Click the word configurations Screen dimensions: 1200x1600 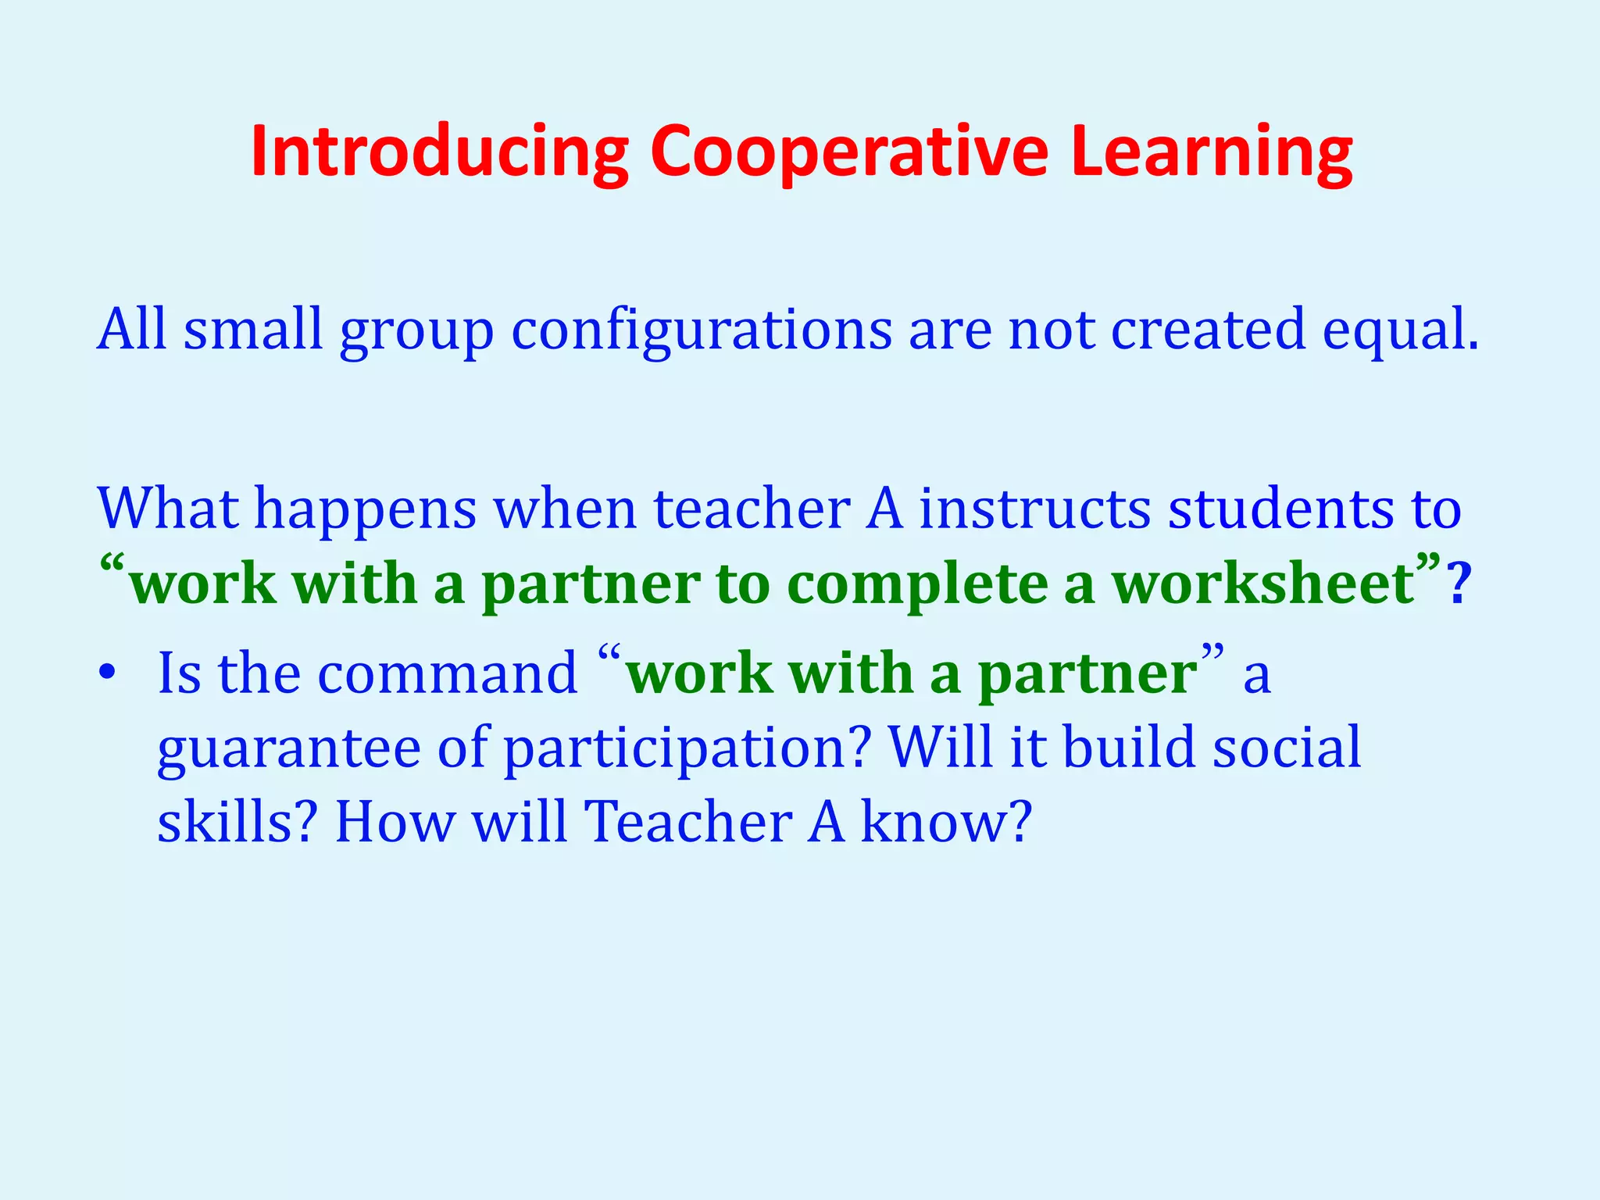701,330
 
